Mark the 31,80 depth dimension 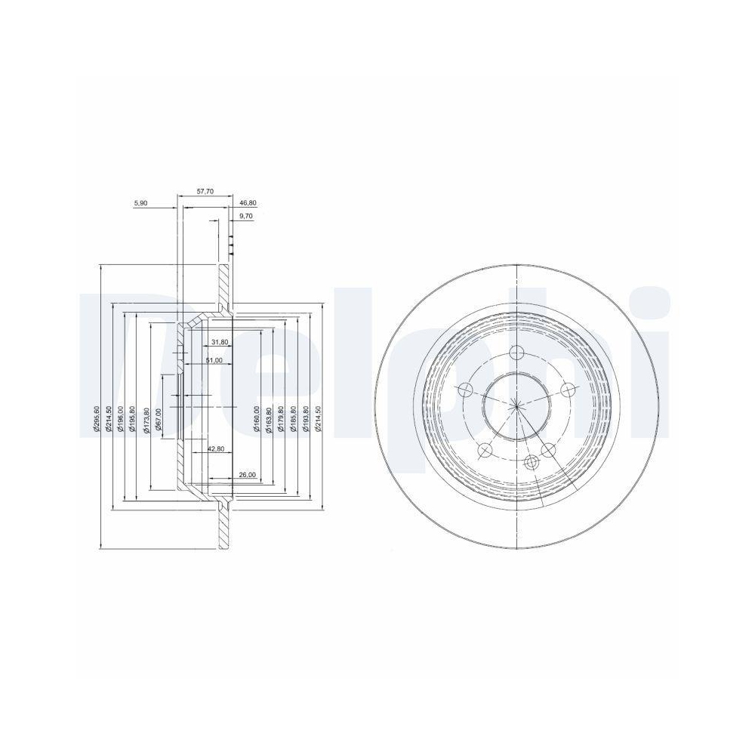220,342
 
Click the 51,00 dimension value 214,361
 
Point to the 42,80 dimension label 216,448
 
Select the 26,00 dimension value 247,474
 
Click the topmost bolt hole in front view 516,352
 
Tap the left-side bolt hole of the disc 465,390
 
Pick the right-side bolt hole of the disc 568,390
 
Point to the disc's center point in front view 516,406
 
